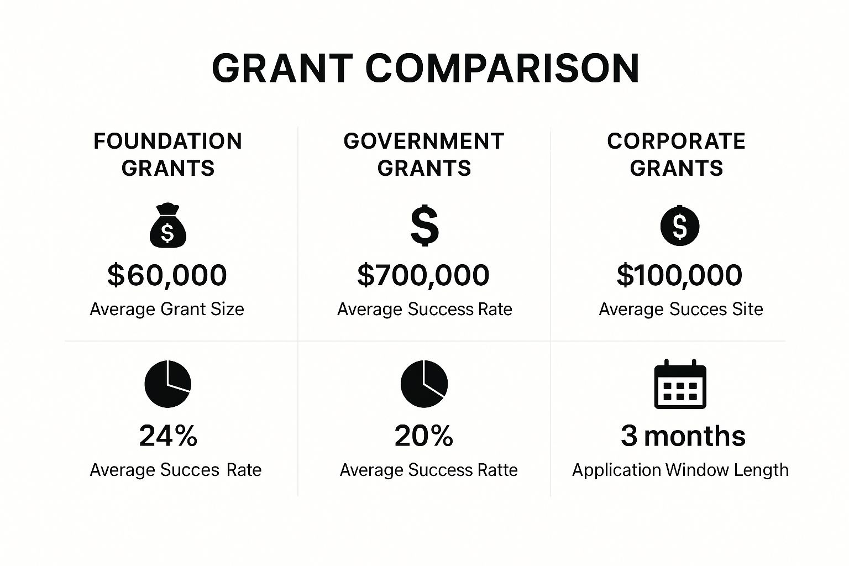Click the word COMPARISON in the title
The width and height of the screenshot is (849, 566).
(502, 68)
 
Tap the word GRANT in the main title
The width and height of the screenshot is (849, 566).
(282, 68)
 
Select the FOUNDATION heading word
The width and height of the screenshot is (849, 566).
(167, 141)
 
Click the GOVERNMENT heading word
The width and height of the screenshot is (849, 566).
(424, 141)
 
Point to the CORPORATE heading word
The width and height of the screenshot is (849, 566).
(676, 141)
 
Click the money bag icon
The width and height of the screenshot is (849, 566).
(168, 226)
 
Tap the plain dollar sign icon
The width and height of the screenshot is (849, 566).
(424, 225)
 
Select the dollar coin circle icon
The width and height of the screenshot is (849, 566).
(679, 226)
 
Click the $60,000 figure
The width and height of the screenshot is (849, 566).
(167, 275)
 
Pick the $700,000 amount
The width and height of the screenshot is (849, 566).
(423, 275)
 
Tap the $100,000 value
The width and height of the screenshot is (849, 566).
(679, 275)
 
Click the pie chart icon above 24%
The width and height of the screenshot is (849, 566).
(168, 384)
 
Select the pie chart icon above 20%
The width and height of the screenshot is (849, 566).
(424, 384)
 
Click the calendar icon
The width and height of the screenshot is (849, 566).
(680, 384)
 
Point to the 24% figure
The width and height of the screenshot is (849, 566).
(168, 436)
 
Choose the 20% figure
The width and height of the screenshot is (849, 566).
(424, 436)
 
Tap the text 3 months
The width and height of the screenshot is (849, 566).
(683, 436)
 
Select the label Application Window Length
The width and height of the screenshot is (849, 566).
(680, 470)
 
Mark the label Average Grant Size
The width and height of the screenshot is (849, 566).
(167, 310)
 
